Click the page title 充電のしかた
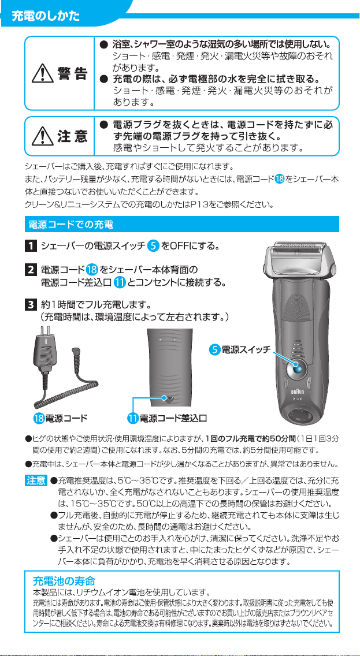[46, 16]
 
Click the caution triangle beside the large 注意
[41, 136]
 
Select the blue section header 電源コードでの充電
[70, 224]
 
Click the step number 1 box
[30, 245]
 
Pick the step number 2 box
[30, 269]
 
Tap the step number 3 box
[30, 303]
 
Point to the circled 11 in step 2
[120, 283]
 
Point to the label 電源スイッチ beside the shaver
[246, 349]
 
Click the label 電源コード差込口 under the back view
[173, 418]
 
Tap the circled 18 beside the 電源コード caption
[39, 418]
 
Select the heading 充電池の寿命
[64, 581]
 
